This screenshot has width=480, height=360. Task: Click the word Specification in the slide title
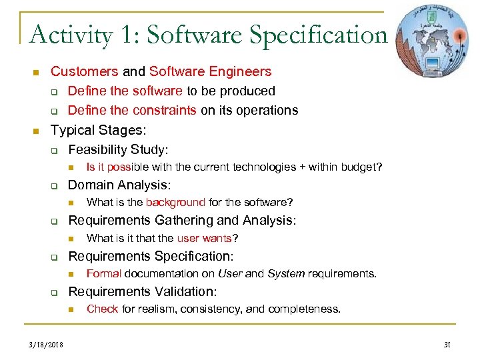pos(314,35)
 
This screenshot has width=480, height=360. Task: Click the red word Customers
pos(84,71)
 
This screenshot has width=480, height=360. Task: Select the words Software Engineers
pos(211,71)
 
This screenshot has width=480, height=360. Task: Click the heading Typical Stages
pos(98,129)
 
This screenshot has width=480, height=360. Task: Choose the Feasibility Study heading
pos(118,149)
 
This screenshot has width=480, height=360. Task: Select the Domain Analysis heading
pos(119,185)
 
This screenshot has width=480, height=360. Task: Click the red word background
pos(175,202)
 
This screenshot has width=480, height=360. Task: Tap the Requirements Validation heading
pos(143,291)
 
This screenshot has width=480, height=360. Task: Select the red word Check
pos(103,309)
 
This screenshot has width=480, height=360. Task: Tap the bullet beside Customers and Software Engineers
pos(37,72)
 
